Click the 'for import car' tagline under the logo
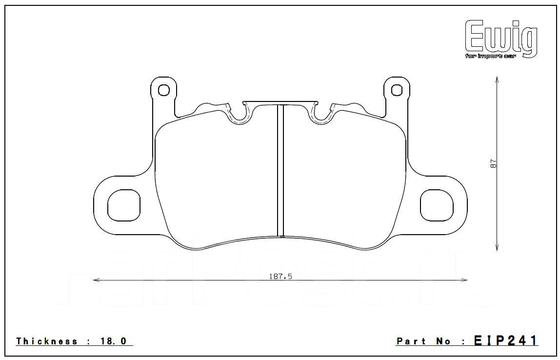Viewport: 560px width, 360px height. click(490, 56)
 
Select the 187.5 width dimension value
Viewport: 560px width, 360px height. click(280, 276)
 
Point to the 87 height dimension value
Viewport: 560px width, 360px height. click(493, 164)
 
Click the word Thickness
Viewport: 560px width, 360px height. click(47, 341)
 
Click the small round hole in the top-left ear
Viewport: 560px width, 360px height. click(164, 90)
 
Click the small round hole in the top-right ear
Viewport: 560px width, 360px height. click(397, 90)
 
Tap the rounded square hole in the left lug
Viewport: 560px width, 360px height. click(124, 204)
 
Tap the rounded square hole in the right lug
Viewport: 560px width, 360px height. click(437, 204)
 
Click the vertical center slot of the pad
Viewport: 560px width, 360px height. click(280, 171)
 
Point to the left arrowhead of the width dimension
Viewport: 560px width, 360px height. click(96, 280)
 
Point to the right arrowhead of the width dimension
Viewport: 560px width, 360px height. click(465, 280)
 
